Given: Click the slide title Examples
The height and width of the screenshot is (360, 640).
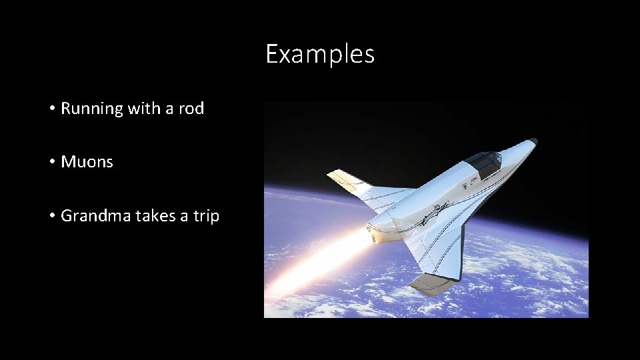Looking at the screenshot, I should click(x=320, y=54).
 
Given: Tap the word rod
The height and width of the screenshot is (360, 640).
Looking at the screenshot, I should click(x=191, y=109).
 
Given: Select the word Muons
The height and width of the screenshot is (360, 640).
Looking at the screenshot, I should click(x=87, y=162).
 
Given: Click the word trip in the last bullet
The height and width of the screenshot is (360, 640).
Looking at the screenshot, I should click(x=206, y=216).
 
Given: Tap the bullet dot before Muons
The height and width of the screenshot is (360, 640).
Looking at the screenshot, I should click(x=52, y=162).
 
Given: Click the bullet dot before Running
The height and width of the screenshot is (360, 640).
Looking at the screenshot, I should click(x=52, y=109).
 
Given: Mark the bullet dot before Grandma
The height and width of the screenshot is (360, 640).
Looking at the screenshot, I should click(x=52, y=216).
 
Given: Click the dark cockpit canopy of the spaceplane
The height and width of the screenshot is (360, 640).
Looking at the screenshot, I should click(x=485, y=162).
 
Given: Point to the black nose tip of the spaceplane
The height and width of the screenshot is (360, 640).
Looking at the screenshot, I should click(x=532, y=142).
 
